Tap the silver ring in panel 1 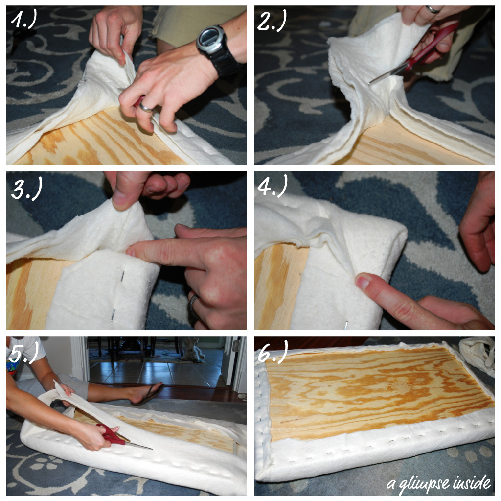[144, 107]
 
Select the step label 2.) [272, 21]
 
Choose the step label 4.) [273, 186]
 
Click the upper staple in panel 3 [122, 276]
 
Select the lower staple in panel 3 [113, 315]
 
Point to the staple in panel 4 [346, 325]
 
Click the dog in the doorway [193, 350]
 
